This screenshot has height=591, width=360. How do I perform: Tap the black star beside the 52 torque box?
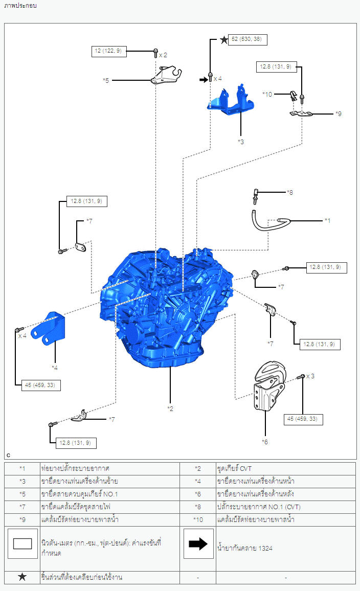pyautogui.click(x=224, y=39)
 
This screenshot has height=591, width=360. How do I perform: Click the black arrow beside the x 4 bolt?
pyautogui.click(x=204, y=80)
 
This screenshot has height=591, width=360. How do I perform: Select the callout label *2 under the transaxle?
pyautogui.click(x=170, y=408)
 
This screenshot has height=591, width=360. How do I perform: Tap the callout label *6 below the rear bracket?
pyautogui.click(x=265, y=442)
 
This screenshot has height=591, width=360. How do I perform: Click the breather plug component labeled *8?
pyautogui.click(x=256, y=196)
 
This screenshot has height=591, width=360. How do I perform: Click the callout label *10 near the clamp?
pyautogui.click(x=267, y=94)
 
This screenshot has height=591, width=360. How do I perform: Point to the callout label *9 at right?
pyautogui.click(x=339, y=113)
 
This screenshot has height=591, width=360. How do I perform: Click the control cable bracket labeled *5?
pyautogui.click(x=166, y=75)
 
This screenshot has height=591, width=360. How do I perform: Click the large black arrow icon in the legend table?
pyautogui.click(x=198, y=543)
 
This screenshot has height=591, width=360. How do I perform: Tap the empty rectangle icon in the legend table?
pyautogui.click(x=22, y=543)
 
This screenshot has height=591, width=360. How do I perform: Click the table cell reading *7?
pyautogui.click(x=22, y=507)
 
